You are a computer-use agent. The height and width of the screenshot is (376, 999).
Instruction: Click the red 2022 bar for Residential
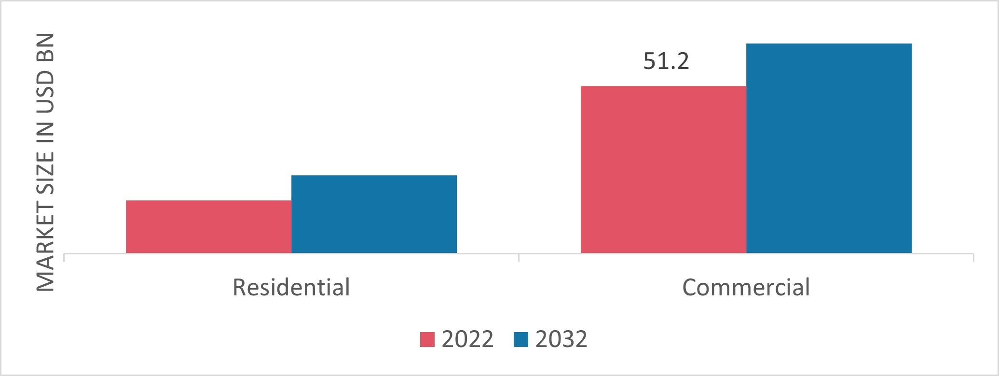208,226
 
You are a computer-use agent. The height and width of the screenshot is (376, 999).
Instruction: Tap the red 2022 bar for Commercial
663,169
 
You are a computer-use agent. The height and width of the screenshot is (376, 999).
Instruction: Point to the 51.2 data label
666,62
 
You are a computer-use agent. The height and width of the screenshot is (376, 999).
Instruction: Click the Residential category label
291,287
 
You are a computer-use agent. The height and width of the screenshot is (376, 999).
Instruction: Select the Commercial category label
746,287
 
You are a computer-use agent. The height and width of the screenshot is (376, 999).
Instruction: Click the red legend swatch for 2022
427,339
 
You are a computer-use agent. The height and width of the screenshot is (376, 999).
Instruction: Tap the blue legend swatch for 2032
521,339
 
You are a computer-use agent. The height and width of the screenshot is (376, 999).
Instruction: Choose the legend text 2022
467,339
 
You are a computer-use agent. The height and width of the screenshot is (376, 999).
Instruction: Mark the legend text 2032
561,339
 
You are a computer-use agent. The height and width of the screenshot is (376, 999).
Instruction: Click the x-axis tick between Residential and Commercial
519,257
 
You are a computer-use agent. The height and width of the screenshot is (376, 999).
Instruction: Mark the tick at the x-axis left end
64,257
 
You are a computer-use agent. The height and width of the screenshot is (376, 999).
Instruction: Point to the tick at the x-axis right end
973,257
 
